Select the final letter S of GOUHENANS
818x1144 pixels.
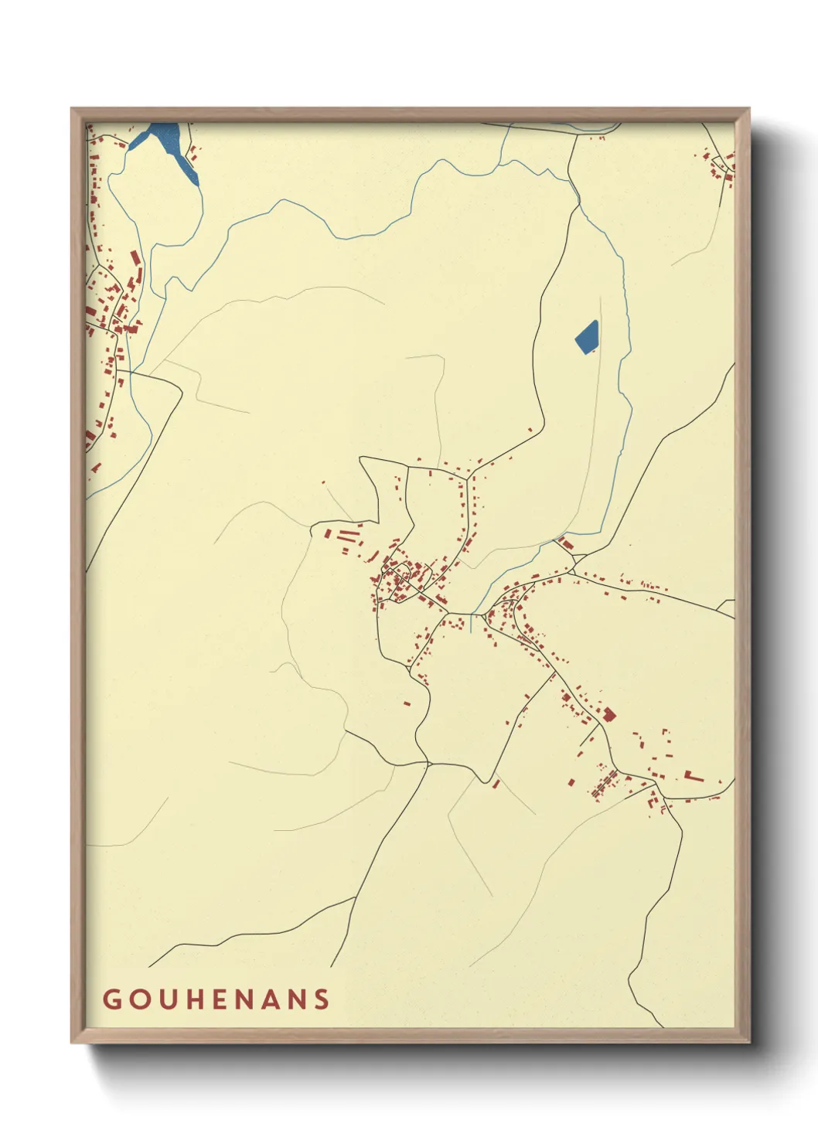(x=322, y=999)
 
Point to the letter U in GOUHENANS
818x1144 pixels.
(x=165, y=999)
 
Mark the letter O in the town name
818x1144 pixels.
(x=138, y=999)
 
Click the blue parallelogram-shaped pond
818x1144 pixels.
(x=587, y=337)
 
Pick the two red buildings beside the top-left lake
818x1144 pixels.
(x=193, y=154)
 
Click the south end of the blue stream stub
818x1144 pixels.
(x=471, y=632)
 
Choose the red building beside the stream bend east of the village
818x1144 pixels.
(x=567, y=544)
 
